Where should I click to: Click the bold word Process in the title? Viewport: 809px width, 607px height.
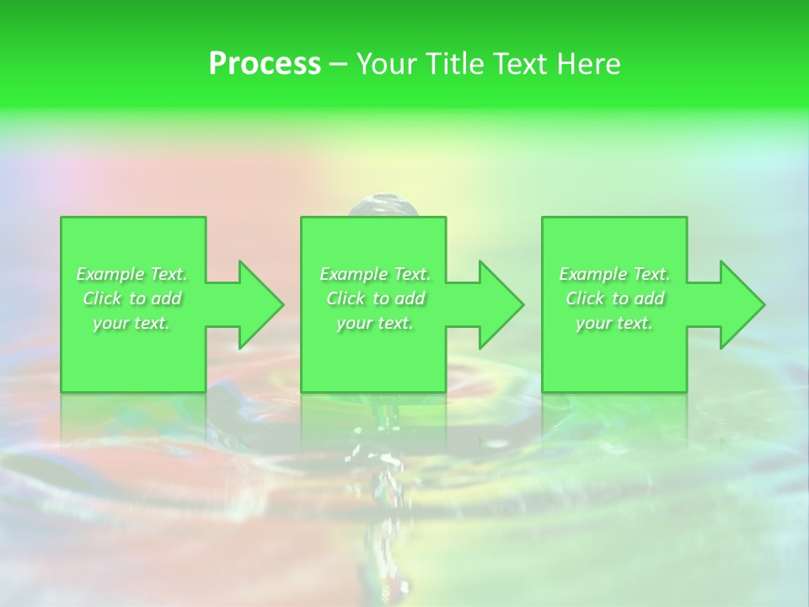tap(265, 64)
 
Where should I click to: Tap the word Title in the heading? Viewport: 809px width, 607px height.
tap(456, 64)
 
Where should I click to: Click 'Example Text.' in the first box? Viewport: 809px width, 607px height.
tap(132, 274)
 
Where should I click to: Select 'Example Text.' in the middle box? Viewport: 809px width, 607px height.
tap(375, 274)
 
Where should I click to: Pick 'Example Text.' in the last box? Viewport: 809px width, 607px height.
tap(614, 274)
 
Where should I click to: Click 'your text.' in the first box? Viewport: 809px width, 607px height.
tap(132, 323)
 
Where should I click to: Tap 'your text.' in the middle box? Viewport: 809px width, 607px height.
tap(375, 323)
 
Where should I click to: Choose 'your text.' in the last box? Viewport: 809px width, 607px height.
tap(614, 323)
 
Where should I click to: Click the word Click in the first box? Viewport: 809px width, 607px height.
tap(102, 298)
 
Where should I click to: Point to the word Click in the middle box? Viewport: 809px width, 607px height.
tap(346, 298)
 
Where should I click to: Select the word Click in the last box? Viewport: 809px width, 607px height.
tap(585, 298)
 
